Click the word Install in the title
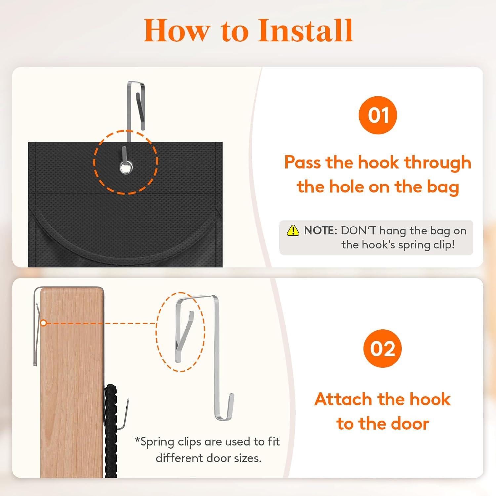coord(306,30)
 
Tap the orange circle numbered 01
coord(378,115)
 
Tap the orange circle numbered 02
coord(383,349)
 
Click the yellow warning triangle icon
coord(293,230)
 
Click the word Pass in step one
coord(303,162)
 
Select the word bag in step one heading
coord(443,187)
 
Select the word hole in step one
coord(344,187)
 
